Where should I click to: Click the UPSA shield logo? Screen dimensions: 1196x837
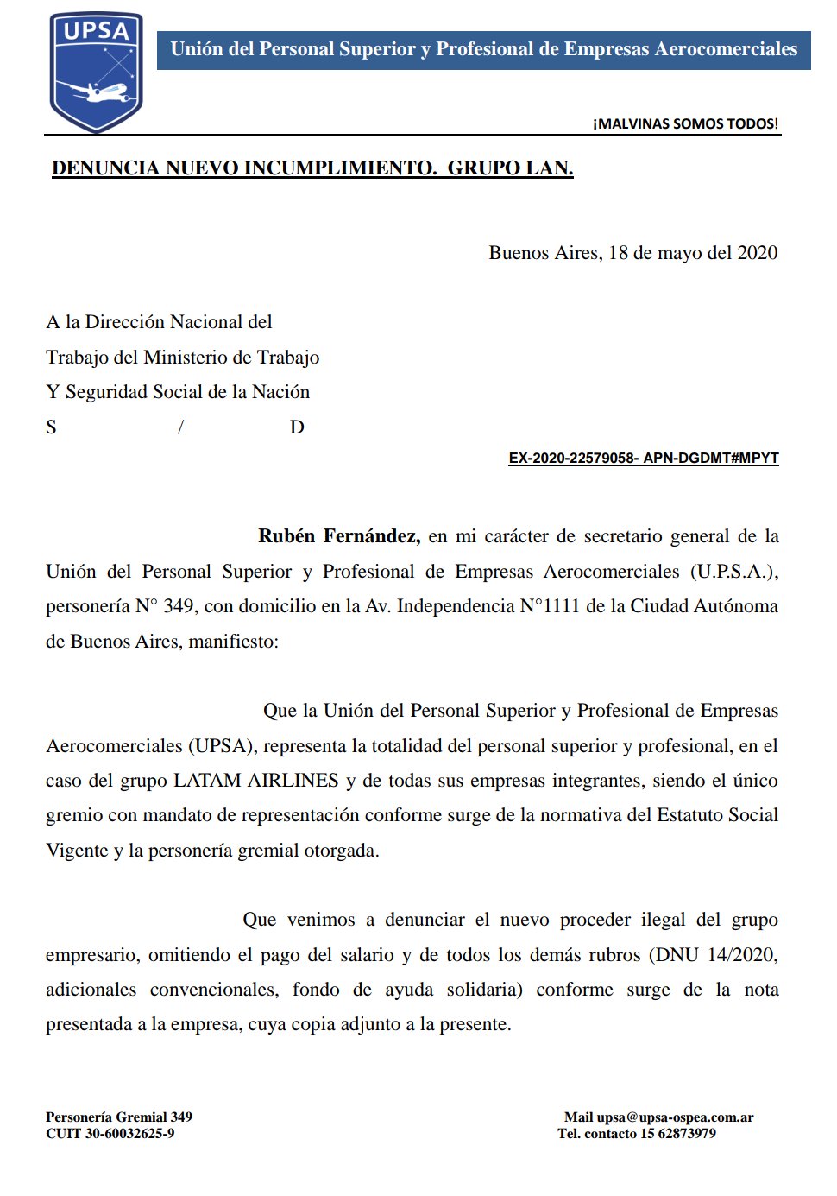[96, 71]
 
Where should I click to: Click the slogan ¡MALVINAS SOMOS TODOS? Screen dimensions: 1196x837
[685, 124]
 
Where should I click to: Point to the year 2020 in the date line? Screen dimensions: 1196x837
[758, 253]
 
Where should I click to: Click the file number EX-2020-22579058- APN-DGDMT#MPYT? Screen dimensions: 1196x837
[644, 459]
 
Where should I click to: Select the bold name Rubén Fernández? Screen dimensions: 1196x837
[339, 536]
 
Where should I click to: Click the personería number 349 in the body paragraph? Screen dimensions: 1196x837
[179, 606]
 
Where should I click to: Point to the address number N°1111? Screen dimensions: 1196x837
[550, 606]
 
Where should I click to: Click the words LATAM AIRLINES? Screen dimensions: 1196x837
[256, 781]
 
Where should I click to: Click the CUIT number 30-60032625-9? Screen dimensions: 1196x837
[129, 1134]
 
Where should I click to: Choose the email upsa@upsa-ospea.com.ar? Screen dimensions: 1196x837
[675, 1117]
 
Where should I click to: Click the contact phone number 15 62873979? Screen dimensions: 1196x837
[678, 1134]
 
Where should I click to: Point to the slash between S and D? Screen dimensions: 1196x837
[180, 427]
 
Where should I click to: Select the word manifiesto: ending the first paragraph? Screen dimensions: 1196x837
[233, 642]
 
